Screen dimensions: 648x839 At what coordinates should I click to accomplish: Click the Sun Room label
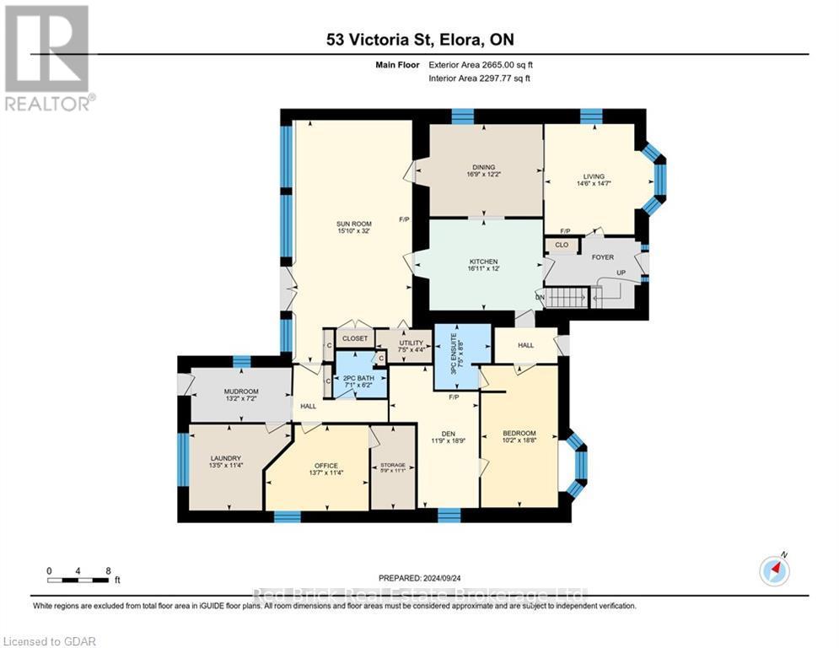click(x=353, y=224)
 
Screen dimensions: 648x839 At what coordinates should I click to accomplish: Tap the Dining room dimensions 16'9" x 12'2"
click(x=484, y=175)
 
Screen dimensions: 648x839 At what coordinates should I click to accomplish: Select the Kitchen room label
click(x=484, y=262)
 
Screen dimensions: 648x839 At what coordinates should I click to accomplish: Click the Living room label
click(x=594, y=176)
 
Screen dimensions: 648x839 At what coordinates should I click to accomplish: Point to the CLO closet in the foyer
click(x=561, y=246)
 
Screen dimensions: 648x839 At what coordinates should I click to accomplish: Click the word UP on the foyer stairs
click(x=621, y=273)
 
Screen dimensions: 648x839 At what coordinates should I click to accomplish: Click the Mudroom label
click(x=240, y=391)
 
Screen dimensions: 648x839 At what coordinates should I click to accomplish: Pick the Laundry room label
click(x=226, y=458)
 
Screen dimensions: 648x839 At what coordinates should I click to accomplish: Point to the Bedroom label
click(x=519, y=434)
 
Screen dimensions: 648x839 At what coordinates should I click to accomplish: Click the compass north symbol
click(x=773, y=570)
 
